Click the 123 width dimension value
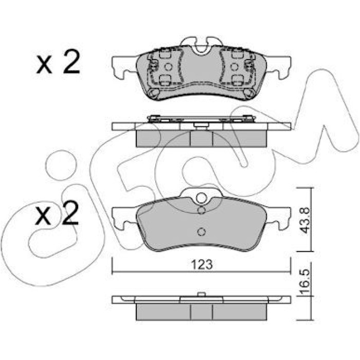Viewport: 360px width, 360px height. tap(202, 265)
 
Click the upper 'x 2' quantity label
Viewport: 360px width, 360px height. tap(58, 62)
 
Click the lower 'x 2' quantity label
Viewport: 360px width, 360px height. tap(57, 212)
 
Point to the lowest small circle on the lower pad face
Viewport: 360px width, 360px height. tap(202, 232)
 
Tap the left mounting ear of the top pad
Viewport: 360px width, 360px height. tap(124, 67)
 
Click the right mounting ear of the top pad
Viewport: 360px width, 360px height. tap(278, 67)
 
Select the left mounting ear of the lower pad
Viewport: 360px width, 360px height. tap(124, 218)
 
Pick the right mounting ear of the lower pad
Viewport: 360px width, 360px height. tap(278, 218)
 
